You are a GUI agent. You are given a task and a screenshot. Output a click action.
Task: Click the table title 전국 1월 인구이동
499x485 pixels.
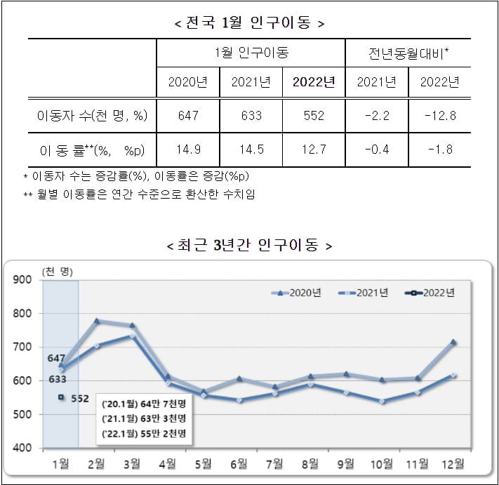[249, 23]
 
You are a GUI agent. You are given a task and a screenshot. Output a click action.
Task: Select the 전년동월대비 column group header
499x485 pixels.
[408, 53]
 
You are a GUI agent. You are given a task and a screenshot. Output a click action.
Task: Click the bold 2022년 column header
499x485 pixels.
[314, 82]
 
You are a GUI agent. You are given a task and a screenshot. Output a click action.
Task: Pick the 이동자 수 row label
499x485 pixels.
[92, 116]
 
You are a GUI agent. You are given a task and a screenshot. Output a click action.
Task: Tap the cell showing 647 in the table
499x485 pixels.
[188, 116]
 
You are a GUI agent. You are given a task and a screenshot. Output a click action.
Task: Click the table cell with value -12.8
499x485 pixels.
[439, 116]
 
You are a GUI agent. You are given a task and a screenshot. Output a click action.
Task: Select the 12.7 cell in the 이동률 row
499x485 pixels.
[314, 150]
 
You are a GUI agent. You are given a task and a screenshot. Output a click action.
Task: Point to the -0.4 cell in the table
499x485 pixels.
[377, 150]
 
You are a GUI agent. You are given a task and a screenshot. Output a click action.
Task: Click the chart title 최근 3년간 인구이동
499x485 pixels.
[249, 246]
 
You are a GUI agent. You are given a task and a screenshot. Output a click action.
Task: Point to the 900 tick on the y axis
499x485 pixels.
[23, 280]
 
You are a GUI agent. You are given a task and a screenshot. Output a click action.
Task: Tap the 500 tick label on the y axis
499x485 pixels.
[23, 415]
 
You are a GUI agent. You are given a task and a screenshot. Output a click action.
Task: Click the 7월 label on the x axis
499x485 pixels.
[275, 464]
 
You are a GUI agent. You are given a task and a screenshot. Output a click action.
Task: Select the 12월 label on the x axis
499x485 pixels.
[453, 464]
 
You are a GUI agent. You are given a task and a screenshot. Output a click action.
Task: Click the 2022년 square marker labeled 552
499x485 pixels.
[62, 397]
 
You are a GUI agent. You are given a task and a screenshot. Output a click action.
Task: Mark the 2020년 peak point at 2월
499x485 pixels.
[97, 321]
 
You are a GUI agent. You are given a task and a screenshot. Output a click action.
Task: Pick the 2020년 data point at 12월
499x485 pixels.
[453, 342]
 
